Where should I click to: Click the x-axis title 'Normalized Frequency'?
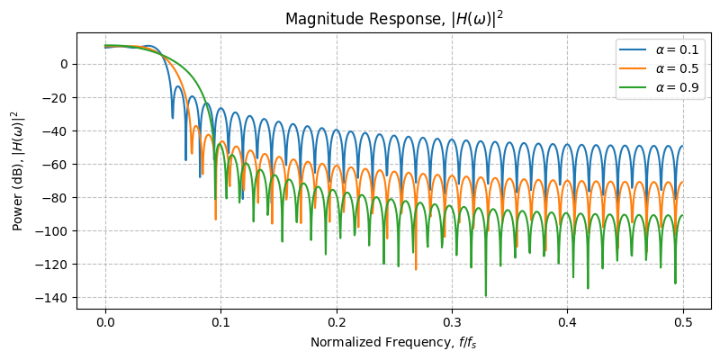click(393, 342)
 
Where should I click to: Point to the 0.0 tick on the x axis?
click(105, 322)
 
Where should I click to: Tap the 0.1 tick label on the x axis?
click(220, 322)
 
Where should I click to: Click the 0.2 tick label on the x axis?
click(337, 322)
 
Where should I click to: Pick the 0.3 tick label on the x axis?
click(452, 322)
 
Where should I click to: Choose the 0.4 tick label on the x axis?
click(567, 322)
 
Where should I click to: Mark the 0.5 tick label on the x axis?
click(683, 322)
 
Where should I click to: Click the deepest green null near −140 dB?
click(486, 295)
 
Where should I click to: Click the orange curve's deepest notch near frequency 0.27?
click(416, 268)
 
